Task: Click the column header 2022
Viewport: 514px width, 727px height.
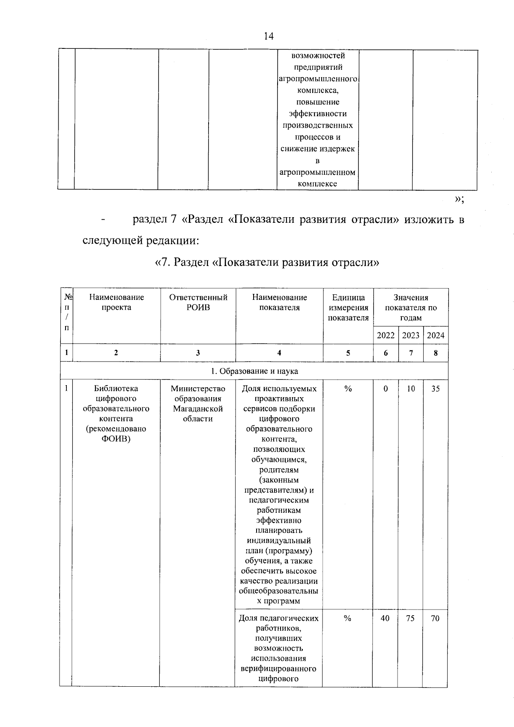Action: (x=385, y=335)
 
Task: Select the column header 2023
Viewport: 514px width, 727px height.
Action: (x=410, y=335)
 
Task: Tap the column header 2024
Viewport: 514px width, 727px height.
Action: (x=436, y=335)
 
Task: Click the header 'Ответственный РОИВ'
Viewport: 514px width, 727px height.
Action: (x=198, y=302)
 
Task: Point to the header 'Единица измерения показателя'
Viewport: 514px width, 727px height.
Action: (x=348, y=307)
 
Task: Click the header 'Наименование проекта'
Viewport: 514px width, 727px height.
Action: (x=117, y=302)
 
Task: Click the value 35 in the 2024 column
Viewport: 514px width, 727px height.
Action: (x=435, y=389)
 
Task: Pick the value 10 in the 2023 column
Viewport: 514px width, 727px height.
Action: (x=411, y=389)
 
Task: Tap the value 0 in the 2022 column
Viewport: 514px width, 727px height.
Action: (x=385, y=389)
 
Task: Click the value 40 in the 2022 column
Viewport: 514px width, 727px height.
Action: (x=385, y=618)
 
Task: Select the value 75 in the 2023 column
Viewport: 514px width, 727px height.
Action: (x=410, y=618)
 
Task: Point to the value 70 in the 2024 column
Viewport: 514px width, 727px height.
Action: (x=435, y=618)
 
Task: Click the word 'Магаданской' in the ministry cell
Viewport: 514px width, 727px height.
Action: (x=198, y=409)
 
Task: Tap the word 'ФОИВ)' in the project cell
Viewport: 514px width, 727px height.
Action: (x=116, y=439)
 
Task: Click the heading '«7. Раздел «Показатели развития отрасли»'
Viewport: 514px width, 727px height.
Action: (x=267, y=262)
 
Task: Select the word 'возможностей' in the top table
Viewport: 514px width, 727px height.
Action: (x=318, y=56)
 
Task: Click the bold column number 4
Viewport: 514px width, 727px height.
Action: (x=279, y=353)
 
